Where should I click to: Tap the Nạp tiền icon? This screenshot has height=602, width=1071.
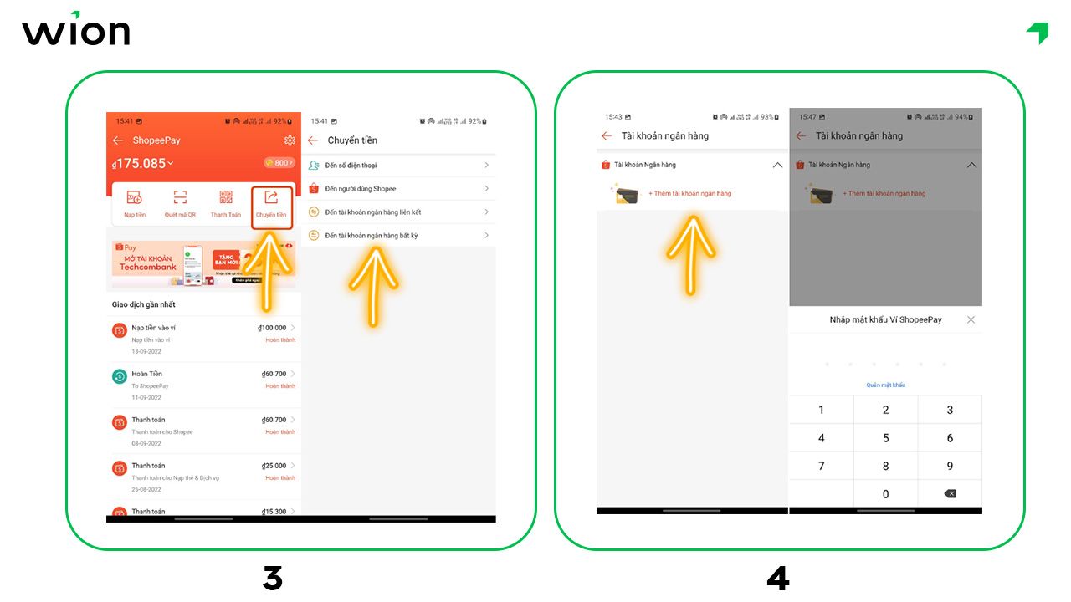click(134, 202)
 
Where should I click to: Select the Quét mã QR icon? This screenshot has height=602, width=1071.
click(180, 202)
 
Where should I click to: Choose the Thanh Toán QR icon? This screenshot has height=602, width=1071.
click(226, 202)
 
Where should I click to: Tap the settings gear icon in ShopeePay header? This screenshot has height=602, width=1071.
click(290, 140)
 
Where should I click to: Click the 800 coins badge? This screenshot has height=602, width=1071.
click(279, 163)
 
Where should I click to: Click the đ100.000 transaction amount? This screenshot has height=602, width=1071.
click(272, 328)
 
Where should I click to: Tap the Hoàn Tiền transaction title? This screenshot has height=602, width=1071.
click(147, 374)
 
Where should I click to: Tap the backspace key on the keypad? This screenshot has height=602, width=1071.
click(950, 494)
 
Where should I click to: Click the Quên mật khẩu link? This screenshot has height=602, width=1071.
click(885, 385)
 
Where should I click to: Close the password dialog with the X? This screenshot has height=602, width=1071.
click(971, 319)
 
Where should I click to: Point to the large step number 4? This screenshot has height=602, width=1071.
click(777, 579)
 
